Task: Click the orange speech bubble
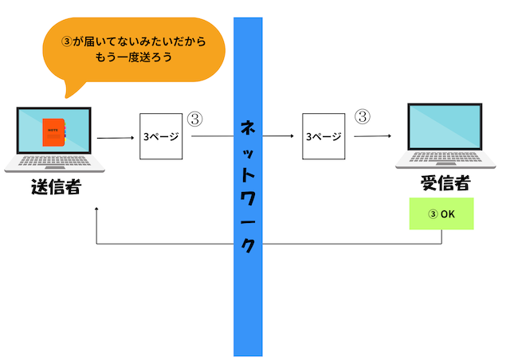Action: [x=134, y=49]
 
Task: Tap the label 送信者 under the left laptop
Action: [x=57, y=186]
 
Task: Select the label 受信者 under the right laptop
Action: [x=445, y=182]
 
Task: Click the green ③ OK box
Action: [x=441, y=213]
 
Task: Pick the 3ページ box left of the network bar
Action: [x=161, y=136]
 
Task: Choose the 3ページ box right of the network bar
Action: [x=324, y=136]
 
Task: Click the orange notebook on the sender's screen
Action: [x=54, y=132]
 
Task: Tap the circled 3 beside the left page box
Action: [x=194, y=119]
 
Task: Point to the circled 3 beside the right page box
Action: [x=363, y=116]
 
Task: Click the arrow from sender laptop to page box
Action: [x=116, y=138]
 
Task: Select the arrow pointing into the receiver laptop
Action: [x=372, y=136]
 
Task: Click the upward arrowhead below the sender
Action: [x=96, y=209]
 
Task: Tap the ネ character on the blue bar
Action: [x=248, y=127]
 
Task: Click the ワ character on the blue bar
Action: [x=248, y=198]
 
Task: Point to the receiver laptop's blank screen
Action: [x=445, y=127]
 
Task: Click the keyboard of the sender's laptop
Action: [x=54, y=161]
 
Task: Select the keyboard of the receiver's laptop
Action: [x=445, y=157]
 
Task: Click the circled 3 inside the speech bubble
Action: [x=66, y=41]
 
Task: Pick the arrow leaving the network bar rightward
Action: [x=278, y=136]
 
